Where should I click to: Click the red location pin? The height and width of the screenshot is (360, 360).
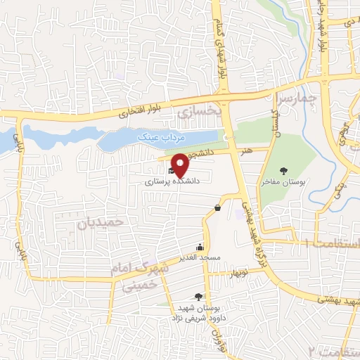[x=181, y=165]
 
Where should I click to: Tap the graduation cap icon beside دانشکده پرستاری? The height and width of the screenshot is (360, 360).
[x=171, y=169]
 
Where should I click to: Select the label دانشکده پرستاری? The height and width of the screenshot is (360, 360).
[x=173, y=181]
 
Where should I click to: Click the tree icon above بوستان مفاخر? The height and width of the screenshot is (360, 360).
[x=284, y=170]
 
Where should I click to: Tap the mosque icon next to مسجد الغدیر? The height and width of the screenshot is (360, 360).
[x=200, y=247]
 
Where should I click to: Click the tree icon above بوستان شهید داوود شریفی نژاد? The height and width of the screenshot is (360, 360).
[x=198, y=297]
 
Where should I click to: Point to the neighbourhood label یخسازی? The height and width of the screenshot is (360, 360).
[x=200, y=111]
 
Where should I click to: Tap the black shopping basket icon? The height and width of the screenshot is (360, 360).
[x=218, y=207]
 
